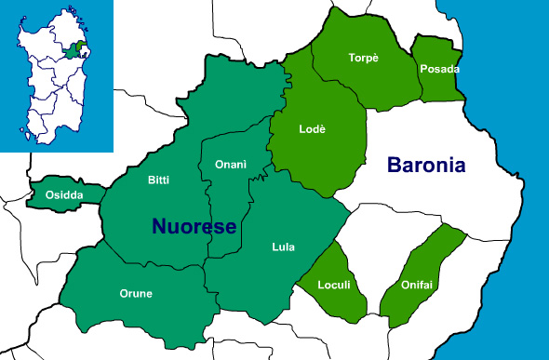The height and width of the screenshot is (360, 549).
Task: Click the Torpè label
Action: coord(364,57)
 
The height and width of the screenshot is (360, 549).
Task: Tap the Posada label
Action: coord(440,69)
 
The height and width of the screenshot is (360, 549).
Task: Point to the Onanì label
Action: coord(230,164)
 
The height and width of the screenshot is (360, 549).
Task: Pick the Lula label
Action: coord(283,247)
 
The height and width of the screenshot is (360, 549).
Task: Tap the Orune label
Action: coord(136,293)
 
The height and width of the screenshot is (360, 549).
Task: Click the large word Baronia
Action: coord(426,167)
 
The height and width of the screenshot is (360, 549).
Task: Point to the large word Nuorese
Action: coord(194,225)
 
